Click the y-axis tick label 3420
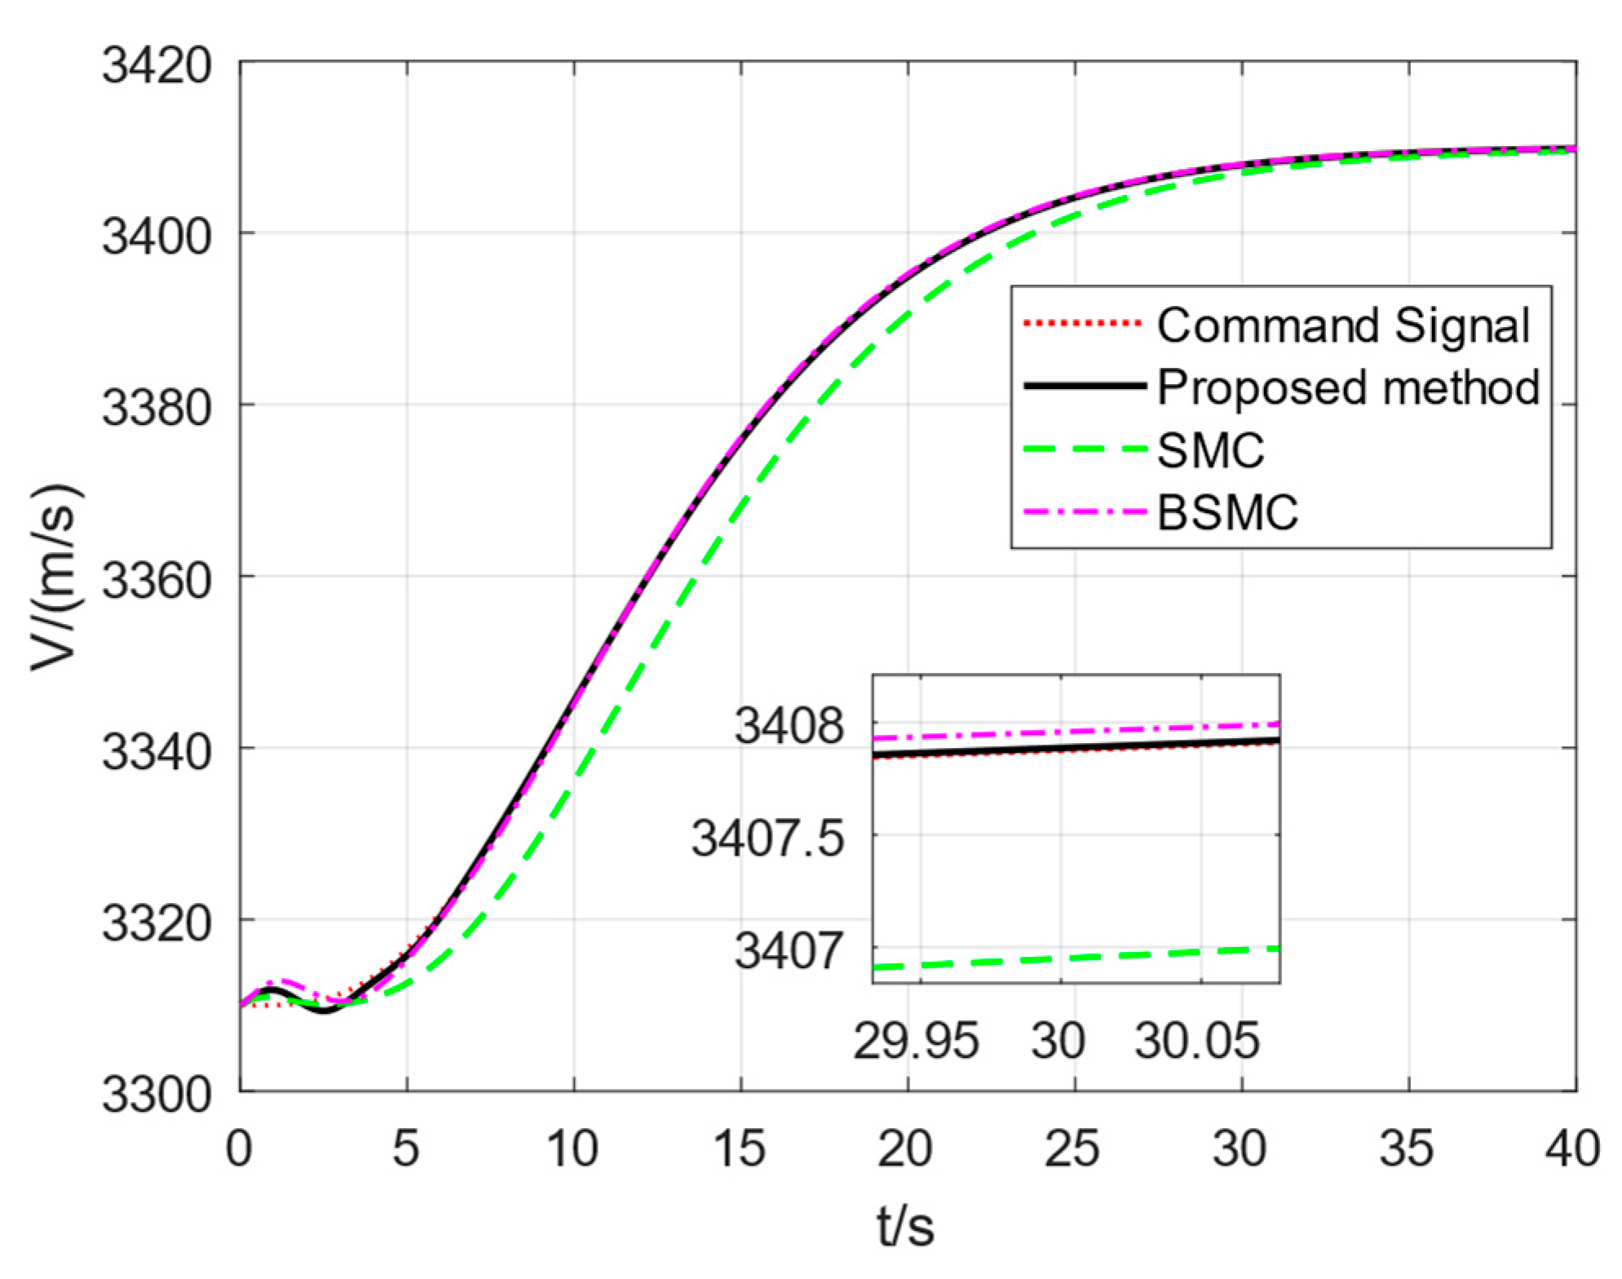click(x=156, y=65)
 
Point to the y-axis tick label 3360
click(x=156, y=581)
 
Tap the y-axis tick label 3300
click(x=156, y=1095)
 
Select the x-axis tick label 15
click(x=739, y=1148)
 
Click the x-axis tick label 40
click(x=1572, y=1148)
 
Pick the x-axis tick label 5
click(x=405, y=1148)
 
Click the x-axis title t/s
click(x=905, y=1226)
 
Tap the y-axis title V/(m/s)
click(x=55, y=578)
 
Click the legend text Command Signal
click(x=1343, y=325)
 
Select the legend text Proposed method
click(x=1348, y=387)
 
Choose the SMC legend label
click(x=1210, y=450)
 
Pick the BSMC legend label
click(x=1226, y=513)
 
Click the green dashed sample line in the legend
click(x=1085, y=450)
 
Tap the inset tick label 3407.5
click(x=767, y=838)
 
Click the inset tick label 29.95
click(x=916, y=1041)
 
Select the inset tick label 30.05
click(x=1197, y=1041)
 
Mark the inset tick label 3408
click(x=789, y=725)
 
